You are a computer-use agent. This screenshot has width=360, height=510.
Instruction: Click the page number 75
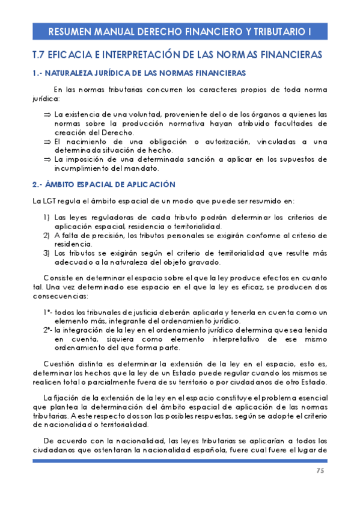(x=320, y=470)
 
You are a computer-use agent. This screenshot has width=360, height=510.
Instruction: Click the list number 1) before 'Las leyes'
(x=46, y=217)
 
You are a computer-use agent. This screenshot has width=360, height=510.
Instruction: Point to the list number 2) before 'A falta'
(x=46, y=235)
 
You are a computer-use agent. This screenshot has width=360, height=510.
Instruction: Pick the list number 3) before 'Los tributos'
(x=46, y=253)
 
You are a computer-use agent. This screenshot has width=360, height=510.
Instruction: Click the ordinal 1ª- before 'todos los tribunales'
(x=47, y=312)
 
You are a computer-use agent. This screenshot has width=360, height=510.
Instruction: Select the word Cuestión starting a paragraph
(x=61, y=364)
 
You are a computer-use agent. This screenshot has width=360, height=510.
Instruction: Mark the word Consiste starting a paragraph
(x=61, y=277)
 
